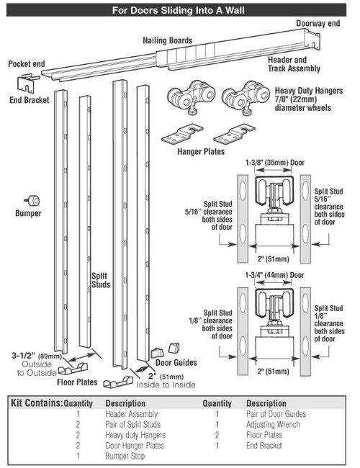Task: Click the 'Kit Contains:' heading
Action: [35, 404]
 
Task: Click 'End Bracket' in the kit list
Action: [266, 446]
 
